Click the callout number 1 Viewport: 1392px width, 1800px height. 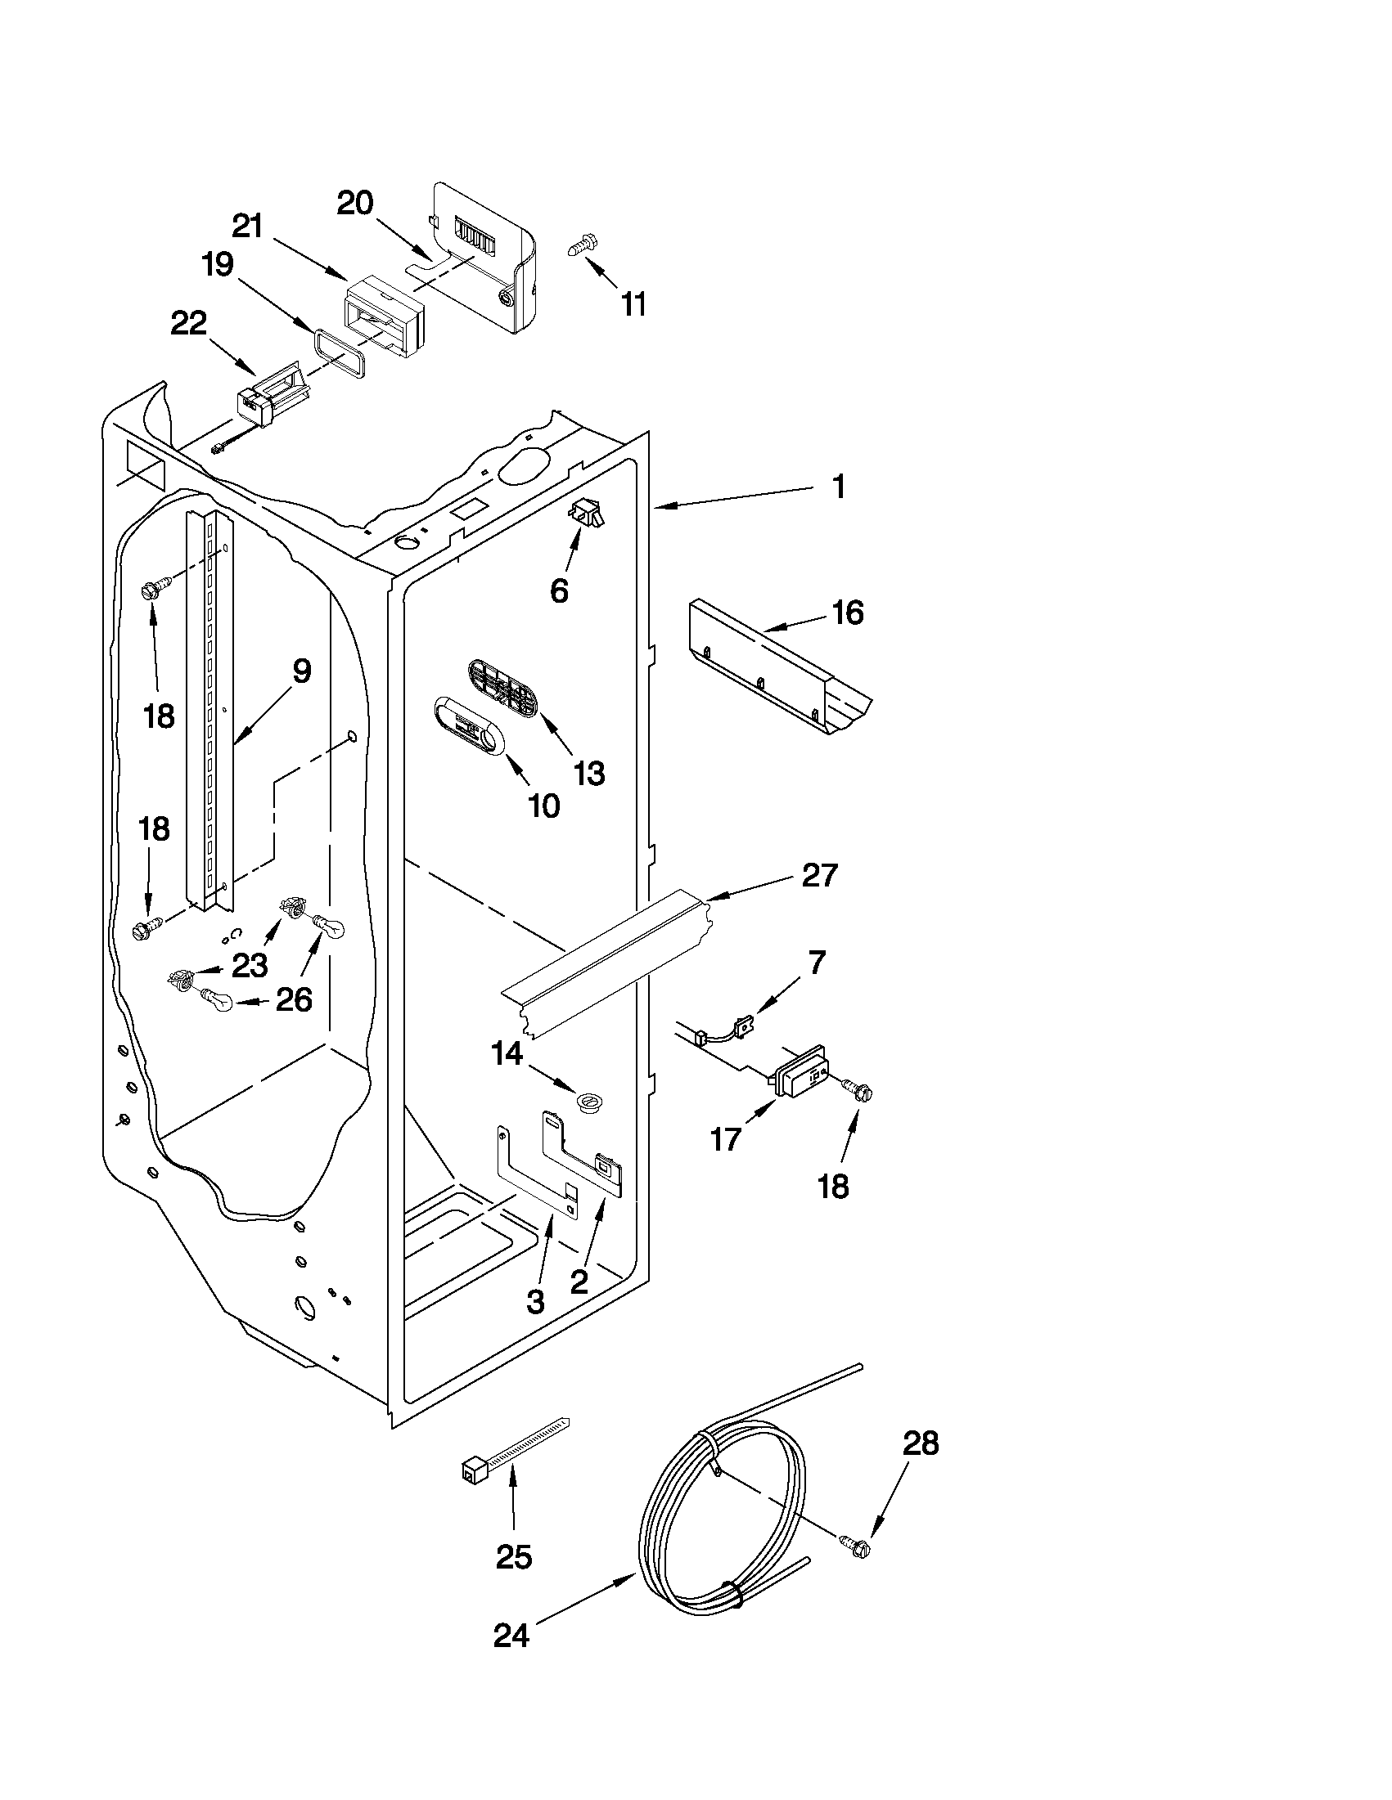tap(839, 487)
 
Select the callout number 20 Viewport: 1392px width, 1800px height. tap(355, 203)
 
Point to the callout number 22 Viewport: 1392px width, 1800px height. tap(188, 324)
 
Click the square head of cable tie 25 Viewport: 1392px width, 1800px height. tap(472, 1469)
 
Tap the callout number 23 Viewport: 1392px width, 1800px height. tap(249, 965)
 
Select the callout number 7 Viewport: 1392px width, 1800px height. tap(817, 961)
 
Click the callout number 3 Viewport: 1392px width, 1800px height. tap(535, 1301)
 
